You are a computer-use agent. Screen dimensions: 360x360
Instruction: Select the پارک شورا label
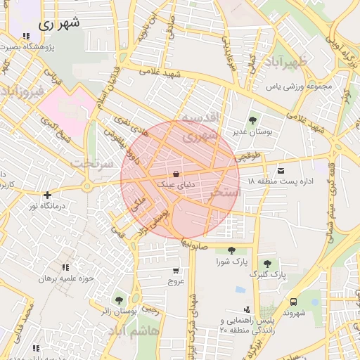point(231,262)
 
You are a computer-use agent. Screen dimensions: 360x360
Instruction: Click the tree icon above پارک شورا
point(231,250)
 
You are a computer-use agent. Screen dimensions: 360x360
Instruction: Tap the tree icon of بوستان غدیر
point(253,120)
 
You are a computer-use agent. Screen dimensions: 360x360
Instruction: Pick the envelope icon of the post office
point(281,171)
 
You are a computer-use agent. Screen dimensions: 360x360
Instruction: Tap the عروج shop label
point(175,281)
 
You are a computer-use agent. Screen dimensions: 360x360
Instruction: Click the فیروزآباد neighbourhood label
point(22,91)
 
